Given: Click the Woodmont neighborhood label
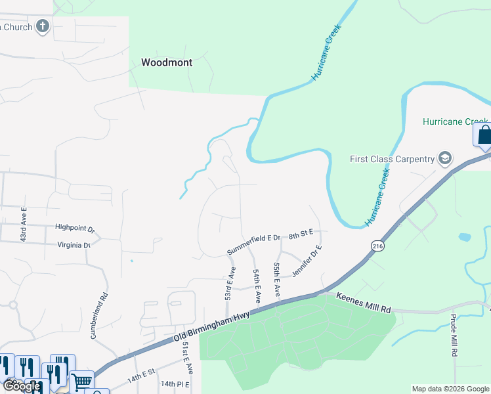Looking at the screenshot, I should [167, 63].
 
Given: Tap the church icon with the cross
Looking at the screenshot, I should [43, 26].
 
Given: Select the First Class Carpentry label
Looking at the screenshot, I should [392, 159].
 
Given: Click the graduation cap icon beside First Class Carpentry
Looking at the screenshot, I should [445, 158].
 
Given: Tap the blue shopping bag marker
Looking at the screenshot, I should [483, 135].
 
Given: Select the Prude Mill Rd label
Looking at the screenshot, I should [454, 334].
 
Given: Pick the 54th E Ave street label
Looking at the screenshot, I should [257, 285].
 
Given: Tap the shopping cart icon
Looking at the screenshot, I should [82, 380].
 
